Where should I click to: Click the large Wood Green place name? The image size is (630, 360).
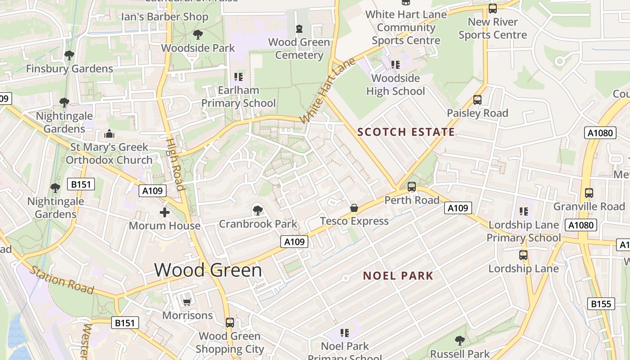[208, 270]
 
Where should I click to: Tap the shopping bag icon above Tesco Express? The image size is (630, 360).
[354, 208]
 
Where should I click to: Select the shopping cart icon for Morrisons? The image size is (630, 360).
[187, 302]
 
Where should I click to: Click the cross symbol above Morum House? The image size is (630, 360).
[165, 212]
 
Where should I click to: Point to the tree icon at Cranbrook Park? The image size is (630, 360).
[258, 210]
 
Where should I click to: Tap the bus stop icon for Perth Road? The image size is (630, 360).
[411, 187]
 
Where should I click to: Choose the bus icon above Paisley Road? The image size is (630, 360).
[477, 100]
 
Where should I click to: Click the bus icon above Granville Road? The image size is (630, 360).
[589, 193]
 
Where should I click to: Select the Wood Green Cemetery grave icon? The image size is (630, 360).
[299, 29]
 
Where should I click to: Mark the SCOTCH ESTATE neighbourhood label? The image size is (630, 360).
[406, 132]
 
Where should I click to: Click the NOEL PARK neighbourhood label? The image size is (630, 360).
[398, 276]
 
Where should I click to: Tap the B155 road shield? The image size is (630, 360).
[601, 304]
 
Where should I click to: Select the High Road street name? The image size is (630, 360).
[175, 164]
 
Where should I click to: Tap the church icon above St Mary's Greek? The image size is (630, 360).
[109, 134]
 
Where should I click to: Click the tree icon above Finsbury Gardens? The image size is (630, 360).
[69, 55]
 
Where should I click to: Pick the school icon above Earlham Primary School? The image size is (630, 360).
[238, 77]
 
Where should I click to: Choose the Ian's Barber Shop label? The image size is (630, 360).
[165, 17]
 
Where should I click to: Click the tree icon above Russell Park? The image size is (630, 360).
[459, 341]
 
